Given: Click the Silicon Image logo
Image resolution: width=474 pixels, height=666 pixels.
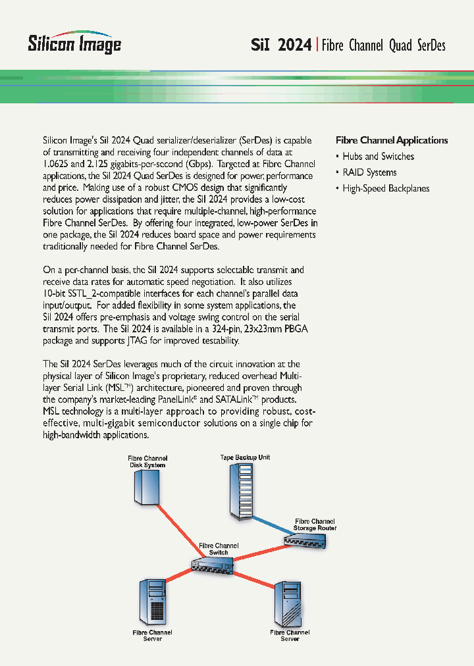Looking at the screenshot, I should pos(74,43).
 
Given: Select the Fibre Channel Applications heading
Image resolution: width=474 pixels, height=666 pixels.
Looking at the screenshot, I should pos(392,140).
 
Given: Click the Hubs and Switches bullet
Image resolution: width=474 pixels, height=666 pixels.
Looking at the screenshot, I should pos(378,157).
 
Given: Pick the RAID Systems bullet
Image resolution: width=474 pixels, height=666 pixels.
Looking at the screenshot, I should pos(369,172).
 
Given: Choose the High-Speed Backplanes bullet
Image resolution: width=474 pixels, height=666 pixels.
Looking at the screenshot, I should pos(386,188).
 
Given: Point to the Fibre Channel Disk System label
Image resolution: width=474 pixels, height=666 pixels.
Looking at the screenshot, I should pos(147,461).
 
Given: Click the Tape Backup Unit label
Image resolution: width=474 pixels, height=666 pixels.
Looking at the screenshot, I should pos(245,457).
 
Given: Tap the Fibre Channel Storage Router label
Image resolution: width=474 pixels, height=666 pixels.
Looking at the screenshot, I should pos(315,525).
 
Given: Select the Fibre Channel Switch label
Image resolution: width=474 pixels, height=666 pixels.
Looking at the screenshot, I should pos(219,549).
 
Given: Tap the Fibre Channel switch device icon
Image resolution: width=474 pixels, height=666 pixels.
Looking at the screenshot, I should pos(211,564).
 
